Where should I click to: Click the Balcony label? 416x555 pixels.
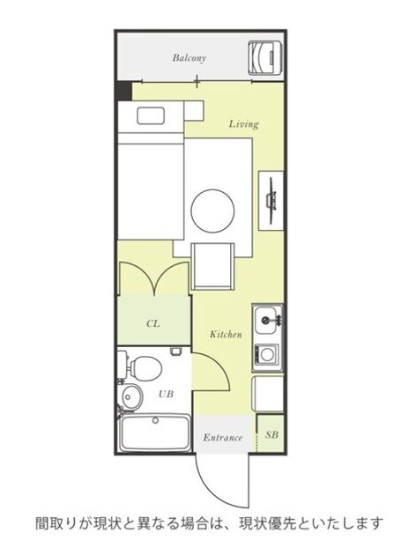(189, 58)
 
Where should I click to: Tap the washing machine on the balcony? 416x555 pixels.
(265, 58)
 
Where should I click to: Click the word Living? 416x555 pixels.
(243, 124)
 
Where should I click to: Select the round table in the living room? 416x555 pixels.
(212, 211)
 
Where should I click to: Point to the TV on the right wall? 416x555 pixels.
(271, 201)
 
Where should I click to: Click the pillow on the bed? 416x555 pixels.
(151, 115)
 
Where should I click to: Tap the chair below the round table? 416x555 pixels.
(212, 266)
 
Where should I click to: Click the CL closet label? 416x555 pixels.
(153, 323)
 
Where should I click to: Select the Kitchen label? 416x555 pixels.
(226, 334)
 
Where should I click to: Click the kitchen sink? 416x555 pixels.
(267, 320)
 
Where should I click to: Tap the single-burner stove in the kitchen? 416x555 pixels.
(266, 354)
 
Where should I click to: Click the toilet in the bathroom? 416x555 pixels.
(142, 366)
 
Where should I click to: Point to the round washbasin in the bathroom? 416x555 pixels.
(131, 398)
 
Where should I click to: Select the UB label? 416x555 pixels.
(166, 394)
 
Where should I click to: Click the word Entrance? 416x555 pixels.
(223, 438)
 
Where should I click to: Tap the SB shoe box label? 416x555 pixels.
(271, 434)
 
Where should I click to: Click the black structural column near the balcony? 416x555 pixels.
(124, 91)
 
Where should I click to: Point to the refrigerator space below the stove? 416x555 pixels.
(267, 394)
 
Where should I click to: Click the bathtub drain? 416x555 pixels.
(155, 420)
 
